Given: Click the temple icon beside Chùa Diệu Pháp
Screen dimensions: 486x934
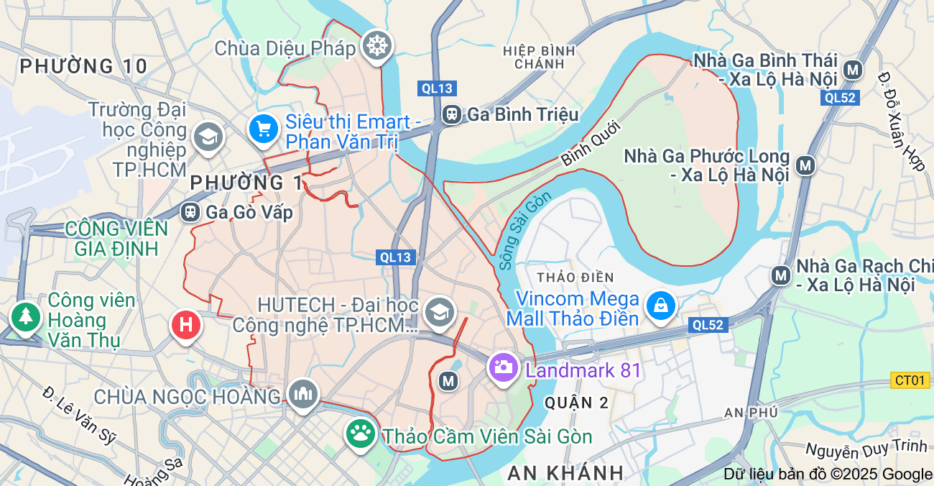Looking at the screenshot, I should pyautogui.click(x=375, y=45).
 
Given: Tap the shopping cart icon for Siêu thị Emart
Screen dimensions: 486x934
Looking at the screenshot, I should pyautogui.click(x=264, y=129).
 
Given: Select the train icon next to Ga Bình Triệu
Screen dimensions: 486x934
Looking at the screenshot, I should pyautogui.click(x=452, y=114).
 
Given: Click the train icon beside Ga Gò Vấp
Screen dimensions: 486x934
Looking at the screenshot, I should pyautogui.click(x=190, y=212).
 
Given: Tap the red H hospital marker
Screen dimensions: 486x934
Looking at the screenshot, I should pyautogui.click(x=186, y=324).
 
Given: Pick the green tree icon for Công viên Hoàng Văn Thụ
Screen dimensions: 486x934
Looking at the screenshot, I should pyautogui.click(x=26, y=316).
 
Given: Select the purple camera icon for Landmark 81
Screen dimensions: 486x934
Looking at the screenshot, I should pyautogui.click(x=503, y=368).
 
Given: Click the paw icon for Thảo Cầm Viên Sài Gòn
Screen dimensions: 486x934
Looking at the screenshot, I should pyautogui.click(x=361, y=434).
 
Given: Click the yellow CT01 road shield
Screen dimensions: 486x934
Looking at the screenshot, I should pyautogui.click(x=910, y=380).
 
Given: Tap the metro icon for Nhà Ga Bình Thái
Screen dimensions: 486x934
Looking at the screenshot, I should pyautogui.click(x=853, y=70).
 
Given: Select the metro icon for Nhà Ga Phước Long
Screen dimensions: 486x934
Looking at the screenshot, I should pyautogui.click(x=806, y=166).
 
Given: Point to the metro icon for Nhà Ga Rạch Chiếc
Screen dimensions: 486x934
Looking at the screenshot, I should pyautogui.click(x=780, y=275).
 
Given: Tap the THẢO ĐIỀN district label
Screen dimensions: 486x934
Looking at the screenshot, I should pyautogui.click(x=575, y=278).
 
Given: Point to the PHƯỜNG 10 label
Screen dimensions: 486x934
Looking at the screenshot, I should pyautogui.click(x=83, y=67).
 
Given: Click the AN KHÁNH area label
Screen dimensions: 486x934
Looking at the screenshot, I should pyautogui.click(x=565, y=472).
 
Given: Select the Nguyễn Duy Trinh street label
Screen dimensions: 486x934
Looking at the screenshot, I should pyautogui.click(x=866, y=449).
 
